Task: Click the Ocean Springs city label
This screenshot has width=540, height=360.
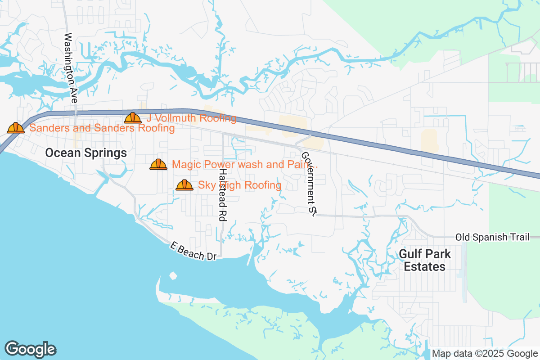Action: (86, 153)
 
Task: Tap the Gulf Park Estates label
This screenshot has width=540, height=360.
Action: (424, 260)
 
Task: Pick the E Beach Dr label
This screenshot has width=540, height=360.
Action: (193, 251)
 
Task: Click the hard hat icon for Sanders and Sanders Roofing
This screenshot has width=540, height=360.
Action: (16, 128)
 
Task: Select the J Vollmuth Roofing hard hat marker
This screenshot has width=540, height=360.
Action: (133, 118)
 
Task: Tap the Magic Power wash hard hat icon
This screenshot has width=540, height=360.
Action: (158, 165)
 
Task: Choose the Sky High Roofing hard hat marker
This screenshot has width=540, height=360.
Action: (184, 185)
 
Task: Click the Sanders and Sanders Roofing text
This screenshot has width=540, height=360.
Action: (102, 128)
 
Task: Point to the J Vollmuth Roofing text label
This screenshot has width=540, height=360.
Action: (191, 118)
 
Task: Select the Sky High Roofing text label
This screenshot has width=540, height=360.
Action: (239, 185)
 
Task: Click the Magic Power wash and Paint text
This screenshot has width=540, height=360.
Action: (245, 165)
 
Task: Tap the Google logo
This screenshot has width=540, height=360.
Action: (30, 349)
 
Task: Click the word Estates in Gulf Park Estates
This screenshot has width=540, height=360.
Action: (424, 266)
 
